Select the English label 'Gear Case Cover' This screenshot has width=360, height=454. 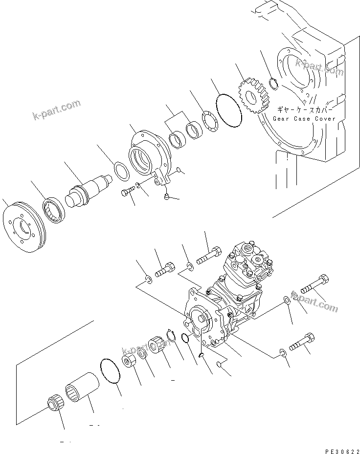(x=304, y=119)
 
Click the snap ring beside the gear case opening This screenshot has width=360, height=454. (x=275, y=84)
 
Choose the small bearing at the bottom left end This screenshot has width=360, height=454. (x=53, y=406)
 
